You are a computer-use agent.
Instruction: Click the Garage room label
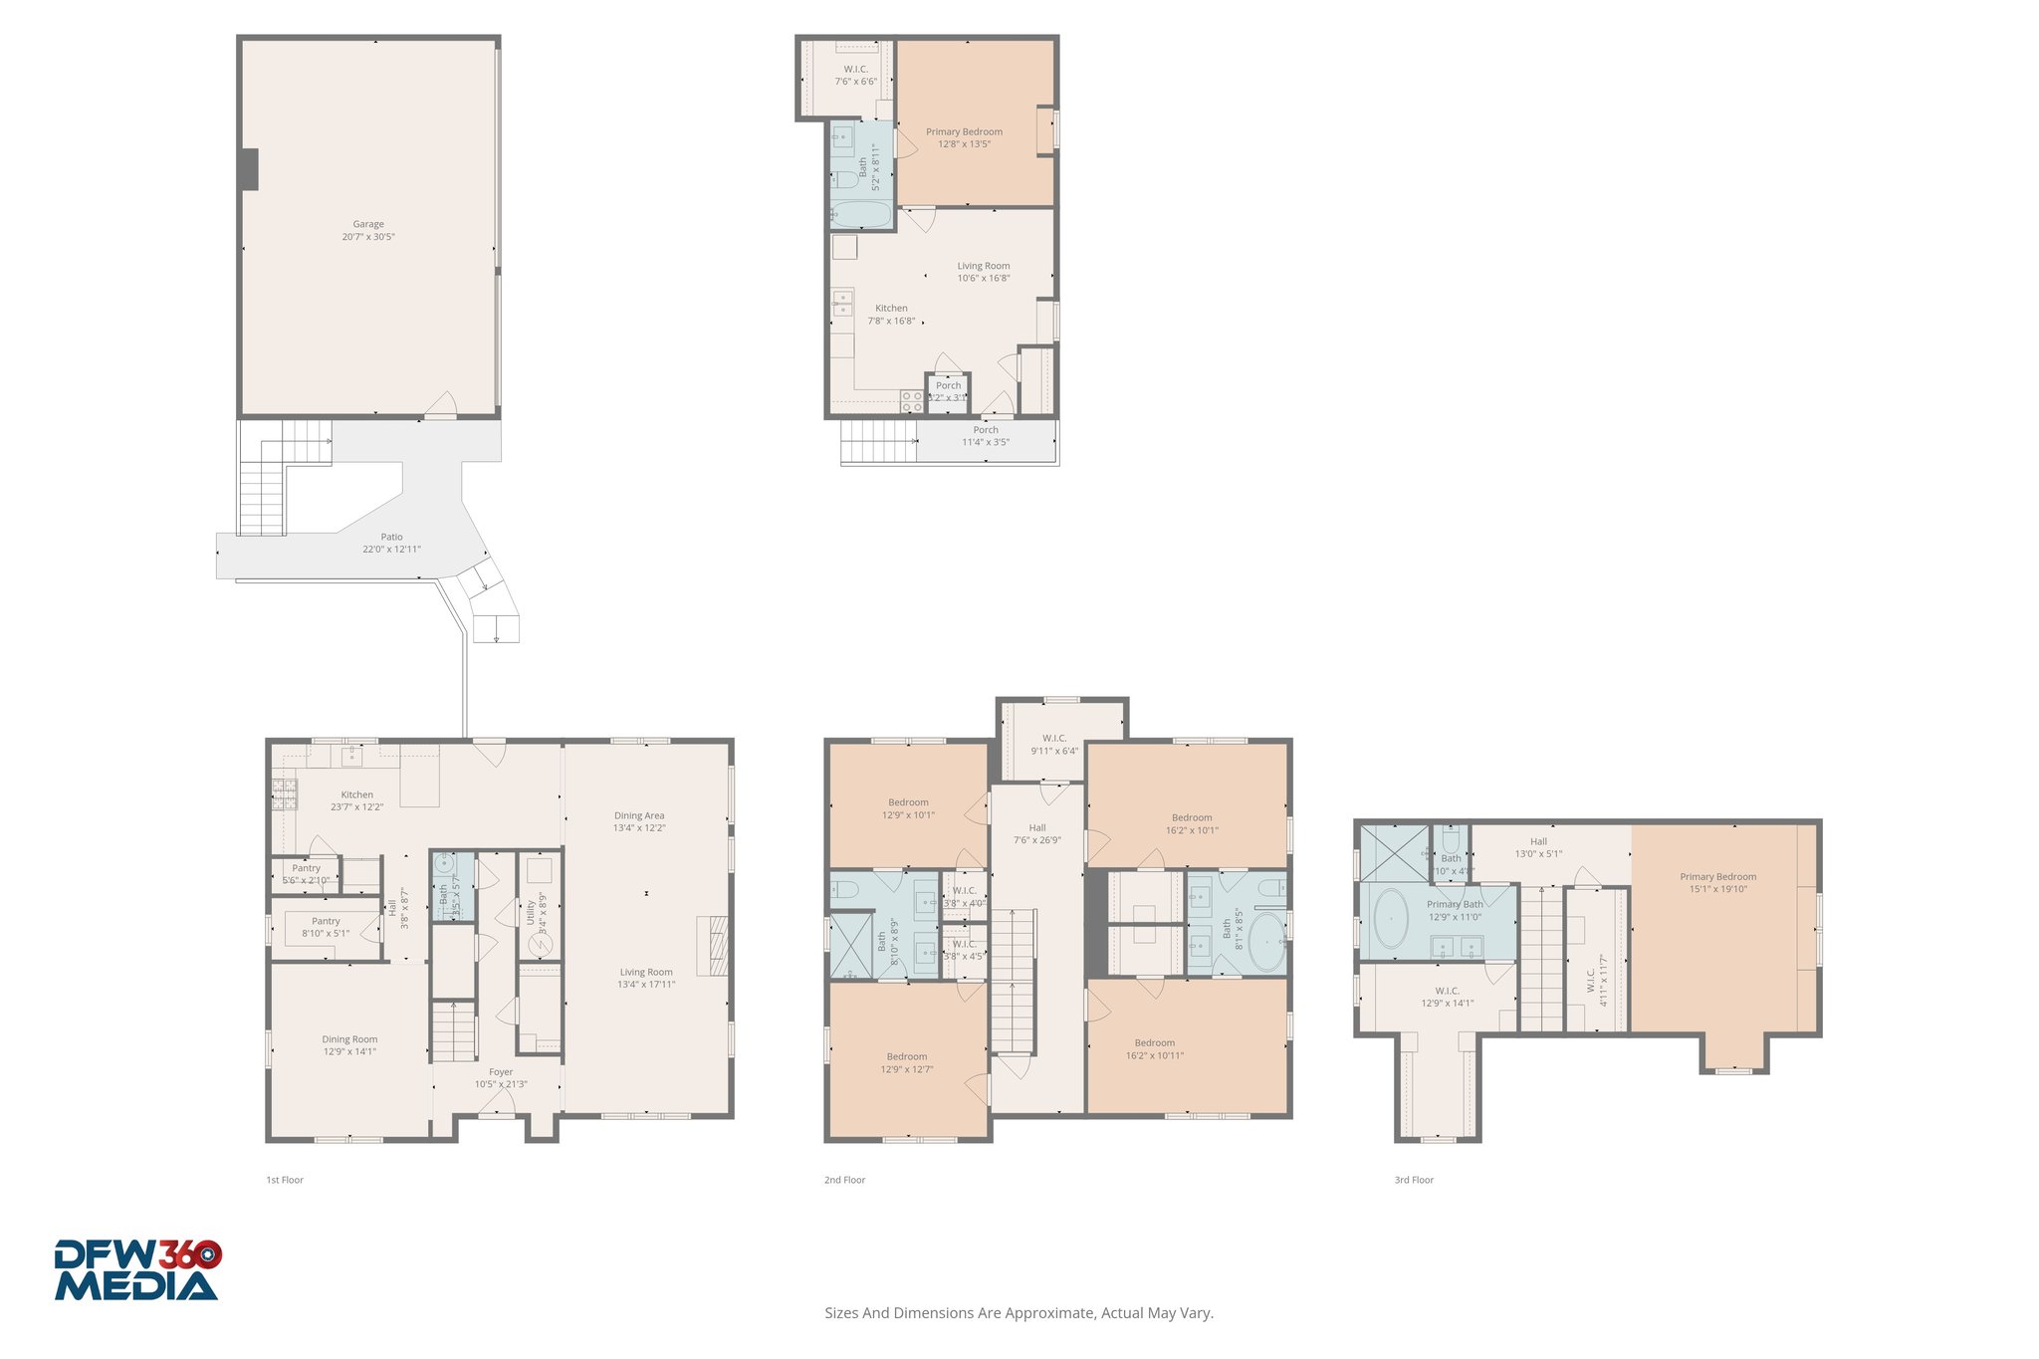[x=367, y=230]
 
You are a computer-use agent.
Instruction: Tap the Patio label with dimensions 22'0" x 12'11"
[x=391, y=543]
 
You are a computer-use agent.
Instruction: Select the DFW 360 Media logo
[x=137, y=1269]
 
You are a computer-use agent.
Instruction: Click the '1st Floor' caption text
[x=284, y=1180]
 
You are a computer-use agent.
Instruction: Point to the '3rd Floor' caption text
[x=1413, y=1180]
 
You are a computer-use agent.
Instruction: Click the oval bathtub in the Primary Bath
[x=1390, y=918]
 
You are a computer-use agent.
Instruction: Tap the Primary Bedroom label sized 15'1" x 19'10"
[x=1717, y=883]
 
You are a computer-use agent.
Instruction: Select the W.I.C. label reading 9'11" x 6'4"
[x=1053, y=745]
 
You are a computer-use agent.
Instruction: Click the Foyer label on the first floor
[x=501, y=1078]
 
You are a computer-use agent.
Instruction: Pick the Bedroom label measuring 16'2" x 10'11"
[x=1154, y=1049]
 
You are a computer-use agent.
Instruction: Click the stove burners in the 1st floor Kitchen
[x=284, y=793]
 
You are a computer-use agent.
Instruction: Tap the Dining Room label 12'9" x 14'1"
[x=348, y=1045]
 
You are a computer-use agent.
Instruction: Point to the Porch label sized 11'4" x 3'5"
[x=985, y=436]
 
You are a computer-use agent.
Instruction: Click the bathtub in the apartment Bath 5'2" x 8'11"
[x=860, y=214]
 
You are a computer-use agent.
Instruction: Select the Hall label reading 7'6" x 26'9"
[x=1036, y=833]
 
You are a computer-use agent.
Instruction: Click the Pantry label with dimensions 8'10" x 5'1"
[x=326, y=927]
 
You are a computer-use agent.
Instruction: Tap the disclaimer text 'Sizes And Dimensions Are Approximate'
[x=1019, y=1313]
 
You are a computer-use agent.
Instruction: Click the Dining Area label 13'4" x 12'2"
[x=638, y=821]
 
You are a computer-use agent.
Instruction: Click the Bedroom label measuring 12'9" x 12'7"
[x=906, y=1063]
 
